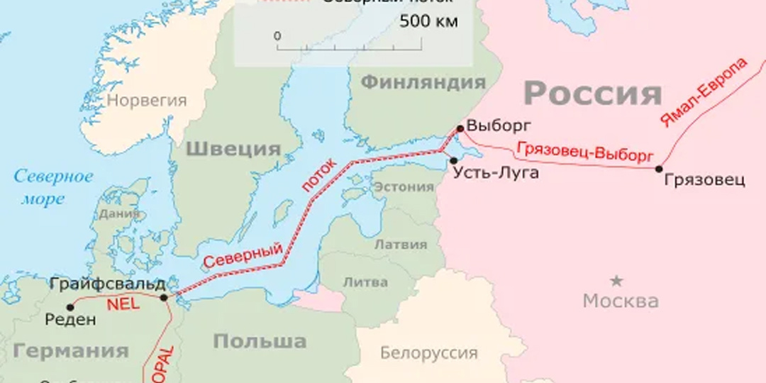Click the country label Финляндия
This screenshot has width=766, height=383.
pyautogui.click(x=423, y=82)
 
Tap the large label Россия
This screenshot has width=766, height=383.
pyautogui.click(x=593, y=94)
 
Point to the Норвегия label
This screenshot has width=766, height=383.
pyautogui.click(x=147, y=100)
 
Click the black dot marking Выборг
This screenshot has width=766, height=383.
pyautogui.click(x=460, y=128)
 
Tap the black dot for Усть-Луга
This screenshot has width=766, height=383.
pyautogui.click(x=453, y=160)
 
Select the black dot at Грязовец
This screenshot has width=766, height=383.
pyautogui.click(x=659, y=169)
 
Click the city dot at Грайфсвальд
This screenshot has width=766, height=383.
pyautogui.click(x=164, y=297)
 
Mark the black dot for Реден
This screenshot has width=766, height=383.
pyautogui.click(x=70, y=307)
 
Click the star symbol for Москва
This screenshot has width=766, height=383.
pyautogui.click(x=617, y=280)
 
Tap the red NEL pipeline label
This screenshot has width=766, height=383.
pyautogui.click(x=124, y=304)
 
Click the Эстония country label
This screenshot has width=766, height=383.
pyautogui.click(x=403, y=187)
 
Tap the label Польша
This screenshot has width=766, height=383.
pyautogui.click(x=260, y=341)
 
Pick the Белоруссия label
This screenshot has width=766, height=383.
pyautogui.click(x=428, y=353)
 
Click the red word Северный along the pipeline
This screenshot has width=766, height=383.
pyautogui.click(x=243, y=255)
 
